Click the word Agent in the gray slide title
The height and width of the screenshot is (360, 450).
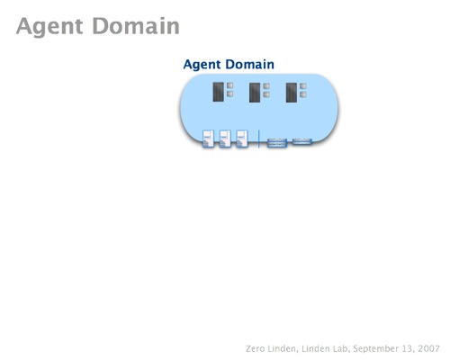click(x=49, y=27)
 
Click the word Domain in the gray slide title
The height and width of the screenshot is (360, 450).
click(x=136, y=26)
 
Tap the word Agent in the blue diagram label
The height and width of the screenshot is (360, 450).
click(x=202, y=65)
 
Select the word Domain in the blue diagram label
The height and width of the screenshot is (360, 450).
click(x=250, y=64)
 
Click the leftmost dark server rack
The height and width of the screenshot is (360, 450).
click(x=218, y=92)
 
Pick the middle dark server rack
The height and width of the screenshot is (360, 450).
click(x=255, y=93)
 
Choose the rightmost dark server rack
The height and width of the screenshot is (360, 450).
click(x=292, y=93)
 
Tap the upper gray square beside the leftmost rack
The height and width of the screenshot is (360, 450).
click(x=230, y=85)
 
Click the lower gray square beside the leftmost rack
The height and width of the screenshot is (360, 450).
click(x=230, y=94)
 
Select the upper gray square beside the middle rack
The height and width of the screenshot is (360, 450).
click(x=266, y=86)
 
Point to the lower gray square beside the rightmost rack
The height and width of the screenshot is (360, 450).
click(x=303, y=94)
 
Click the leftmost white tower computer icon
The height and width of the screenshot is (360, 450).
click(x=209, y=139)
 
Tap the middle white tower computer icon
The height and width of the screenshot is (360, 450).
click(x=225, y=139)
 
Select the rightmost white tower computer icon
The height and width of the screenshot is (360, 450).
click(x=242, y=139)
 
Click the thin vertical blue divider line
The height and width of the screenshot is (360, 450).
click(x=258, y=139)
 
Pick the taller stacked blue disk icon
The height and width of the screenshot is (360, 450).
click(x=277, y=143)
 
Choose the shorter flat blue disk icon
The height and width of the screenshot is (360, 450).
click(x=302, y=141)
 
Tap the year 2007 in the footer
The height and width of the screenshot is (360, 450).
click(x=429, y=348)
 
